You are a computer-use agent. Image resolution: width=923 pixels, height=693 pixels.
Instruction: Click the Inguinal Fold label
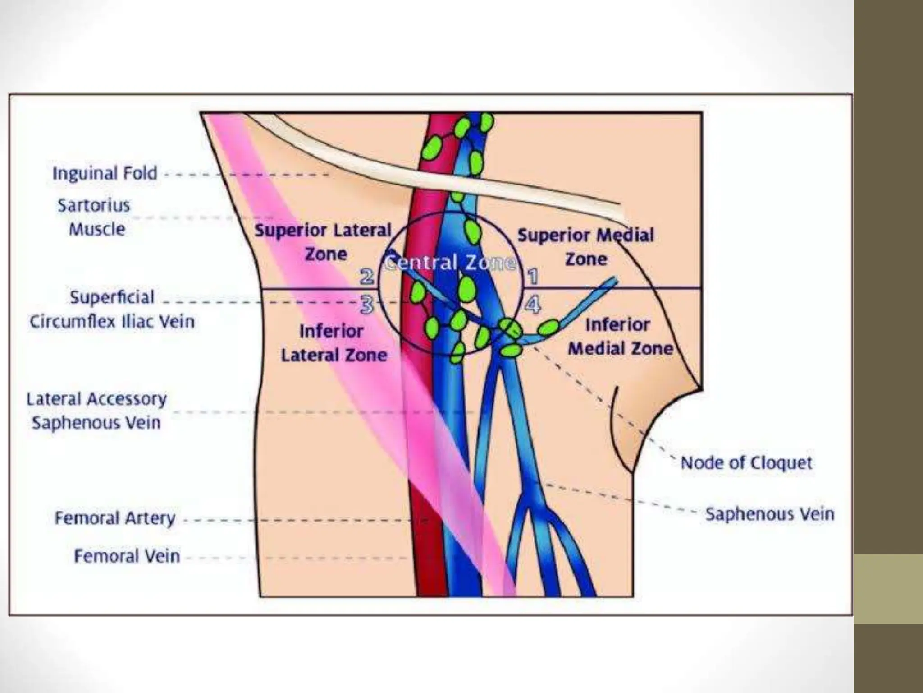pyautogui.click(x=105, y=173)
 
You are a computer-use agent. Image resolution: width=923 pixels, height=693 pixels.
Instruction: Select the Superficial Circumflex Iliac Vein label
pyautogui.click(x=112, y=310)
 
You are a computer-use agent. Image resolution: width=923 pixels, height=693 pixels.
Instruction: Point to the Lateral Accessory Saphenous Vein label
pyautogui.click(x=96, y=411)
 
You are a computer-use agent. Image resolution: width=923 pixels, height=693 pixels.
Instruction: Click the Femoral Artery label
pyautogui.click(x=115, y=518)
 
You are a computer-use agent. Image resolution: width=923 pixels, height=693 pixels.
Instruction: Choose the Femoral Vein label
pyautogui.click(x=127, y=556)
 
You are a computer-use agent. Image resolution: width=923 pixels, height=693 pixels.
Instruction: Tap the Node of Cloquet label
pyautogui.click(x=746, y=463)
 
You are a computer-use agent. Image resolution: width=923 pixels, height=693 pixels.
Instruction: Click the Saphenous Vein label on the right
pyautogui.click(x=770, y=514)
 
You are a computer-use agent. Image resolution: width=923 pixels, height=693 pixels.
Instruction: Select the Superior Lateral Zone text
pyautogui.click(x=323, y=242)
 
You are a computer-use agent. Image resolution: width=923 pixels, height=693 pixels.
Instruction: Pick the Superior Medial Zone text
pyautogui.click(x=585, y=247)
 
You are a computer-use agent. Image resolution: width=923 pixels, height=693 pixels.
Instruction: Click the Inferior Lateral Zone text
pyautogui.click(x=334, y=343)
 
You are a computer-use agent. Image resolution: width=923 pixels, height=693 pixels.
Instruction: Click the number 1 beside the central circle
pyautogui.click(x=533, y=276)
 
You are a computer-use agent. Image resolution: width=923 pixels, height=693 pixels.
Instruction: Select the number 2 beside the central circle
pyautogui.click(x=366, y=276)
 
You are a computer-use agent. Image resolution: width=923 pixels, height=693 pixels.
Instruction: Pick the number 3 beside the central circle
pyautogui.click(x=367, y=305)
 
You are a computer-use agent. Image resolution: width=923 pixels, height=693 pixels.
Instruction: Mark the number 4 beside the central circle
pyautogui.click(x=533, y=305)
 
